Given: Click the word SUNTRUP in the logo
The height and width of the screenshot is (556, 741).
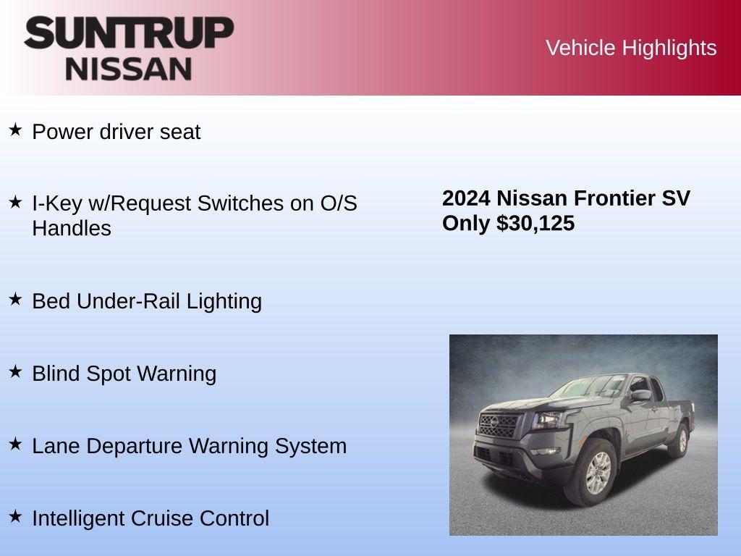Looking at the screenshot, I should (x=129, y=33).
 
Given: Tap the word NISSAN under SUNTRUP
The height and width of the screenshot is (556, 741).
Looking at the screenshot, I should (x=129, y=69).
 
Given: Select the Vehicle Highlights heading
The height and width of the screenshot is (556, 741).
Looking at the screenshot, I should (x=631, y=48).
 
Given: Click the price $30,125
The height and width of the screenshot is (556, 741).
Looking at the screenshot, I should (x=535, y=223).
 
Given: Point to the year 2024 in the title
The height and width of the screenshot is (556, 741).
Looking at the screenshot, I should (x=466, y=198).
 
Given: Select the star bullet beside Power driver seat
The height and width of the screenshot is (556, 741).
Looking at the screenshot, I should (x=16, y=130).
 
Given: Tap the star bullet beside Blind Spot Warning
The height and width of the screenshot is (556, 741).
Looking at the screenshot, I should (x=16, y=371).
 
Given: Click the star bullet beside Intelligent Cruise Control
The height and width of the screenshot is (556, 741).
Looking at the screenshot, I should (x=16, y=516).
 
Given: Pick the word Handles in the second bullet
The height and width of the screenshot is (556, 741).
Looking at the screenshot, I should (x=72, y=229).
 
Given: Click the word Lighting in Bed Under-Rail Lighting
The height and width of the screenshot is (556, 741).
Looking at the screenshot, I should (x=224, y=301).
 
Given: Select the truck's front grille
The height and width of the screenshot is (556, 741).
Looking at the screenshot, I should (x=499, y=425).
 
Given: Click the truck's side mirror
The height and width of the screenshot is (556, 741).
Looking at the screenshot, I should (x=640, y=395).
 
